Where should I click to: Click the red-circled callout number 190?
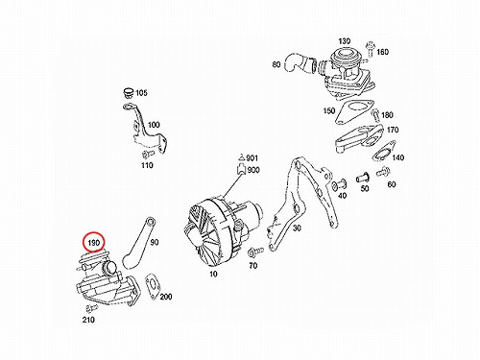(94, 243)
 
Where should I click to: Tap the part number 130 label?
(345, 41)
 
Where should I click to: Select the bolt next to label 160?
(371, 49)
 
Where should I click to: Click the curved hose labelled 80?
(299, 65)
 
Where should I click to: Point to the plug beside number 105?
(129, 92)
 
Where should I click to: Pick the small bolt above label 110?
(148, 155)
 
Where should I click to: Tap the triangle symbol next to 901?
(241, 157)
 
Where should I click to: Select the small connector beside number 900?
(241, 169)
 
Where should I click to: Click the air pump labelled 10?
(222, 229)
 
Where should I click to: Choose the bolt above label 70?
(255, 252)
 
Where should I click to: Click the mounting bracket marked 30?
(300, 202)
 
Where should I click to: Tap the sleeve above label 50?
(363, 178)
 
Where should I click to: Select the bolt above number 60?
(383, 172)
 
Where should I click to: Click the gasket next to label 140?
(384, 151)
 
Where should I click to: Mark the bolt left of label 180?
(374, 115)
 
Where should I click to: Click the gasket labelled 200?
(153, 286)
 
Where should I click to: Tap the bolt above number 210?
(91, 308)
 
